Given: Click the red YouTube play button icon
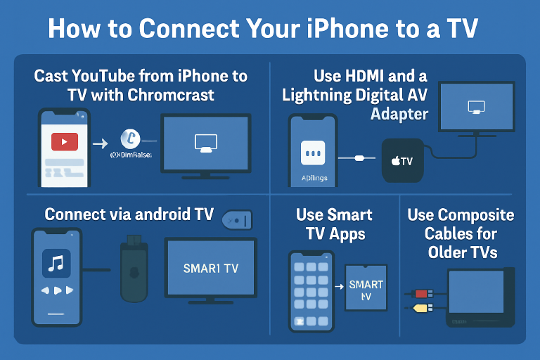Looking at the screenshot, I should pyautogui.click(x=64, y=142).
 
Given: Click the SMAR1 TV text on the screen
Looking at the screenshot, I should pyautogui.click(x=212, y=268).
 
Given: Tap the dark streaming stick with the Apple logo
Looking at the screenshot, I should pyautogui.click(x=134, y=271).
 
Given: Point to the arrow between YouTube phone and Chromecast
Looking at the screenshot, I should pyautogui.click(x=100, y=143).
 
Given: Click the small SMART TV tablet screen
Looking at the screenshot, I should pyautogui.click(x=366, y=288).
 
